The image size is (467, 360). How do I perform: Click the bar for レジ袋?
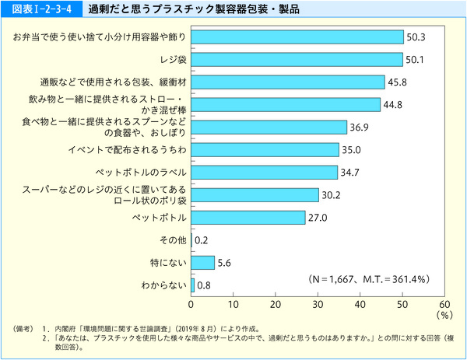(x=297, y=59)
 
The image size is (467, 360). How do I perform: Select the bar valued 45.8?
(x=287, y=82)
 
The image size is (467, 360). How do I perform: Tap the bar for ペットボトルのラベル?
(x=264, y=172)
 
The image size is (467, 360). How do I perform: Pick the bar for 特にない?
(x=202, y=263)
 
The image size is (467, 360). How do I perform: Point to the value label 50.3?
(x=416, y=37)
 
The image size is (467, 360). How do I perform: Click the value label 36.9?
(x=360, y=127)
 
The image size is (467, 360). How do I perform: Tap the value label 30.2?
(x=332, y=194)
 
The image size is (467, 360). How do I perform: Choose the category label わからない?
(x=163, y=285)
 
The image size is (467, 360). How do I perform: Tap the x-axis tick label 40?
(x=360, y=303)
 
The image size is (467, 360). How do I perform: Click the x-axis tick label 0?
(x=191, y=303)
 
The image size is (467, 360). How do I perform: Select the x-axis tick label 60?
(x=444, y=303)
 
